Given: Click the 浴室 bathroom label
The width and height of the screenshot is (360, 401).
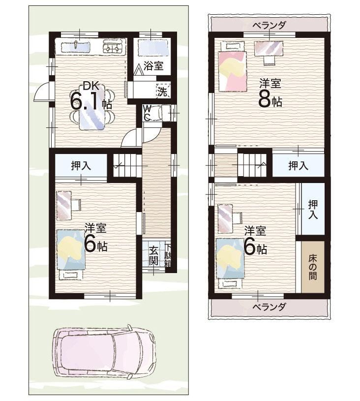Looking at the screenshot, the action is point(153,66).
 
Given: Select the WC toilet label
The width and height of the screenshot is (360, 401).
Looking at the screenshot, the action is point(147,113).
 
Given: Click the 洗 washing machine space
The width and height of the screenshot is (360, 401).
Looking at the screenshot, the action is point(163,91).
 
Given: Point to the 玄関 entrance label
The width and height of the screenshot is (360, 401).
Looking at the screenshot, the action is point(153,255).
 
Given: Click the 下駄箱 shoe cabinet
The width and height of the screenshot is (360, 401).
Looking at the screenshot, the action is point(168,256).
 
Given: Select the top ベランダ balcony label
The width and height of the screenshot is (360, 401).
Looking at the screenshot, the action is point(269,25).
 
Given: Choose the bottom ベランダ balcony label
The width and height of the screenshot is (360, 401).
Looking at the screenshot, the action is point(269,307).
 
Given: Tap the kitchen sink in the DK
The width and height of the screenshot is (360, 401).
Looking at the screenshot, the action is point(76,47).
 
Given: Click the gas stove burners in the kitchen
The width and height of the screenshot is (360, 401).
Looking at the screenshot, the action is point(113,48).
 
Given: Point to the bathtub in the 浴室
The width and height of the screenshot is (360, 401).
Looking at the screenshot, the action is point(153,48).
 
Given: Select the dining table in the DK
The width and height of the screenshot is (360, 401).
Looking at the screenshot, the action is point(92,107).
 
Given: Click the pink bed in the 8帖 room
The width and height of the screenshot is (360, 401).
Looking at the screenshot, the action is point(233,71).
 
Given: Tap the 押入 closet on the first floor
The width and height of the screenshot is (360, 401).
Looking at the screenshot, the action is point(81,165).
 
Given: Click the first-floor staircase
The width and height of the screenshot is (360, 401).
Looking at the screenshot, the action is point(127,165).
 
